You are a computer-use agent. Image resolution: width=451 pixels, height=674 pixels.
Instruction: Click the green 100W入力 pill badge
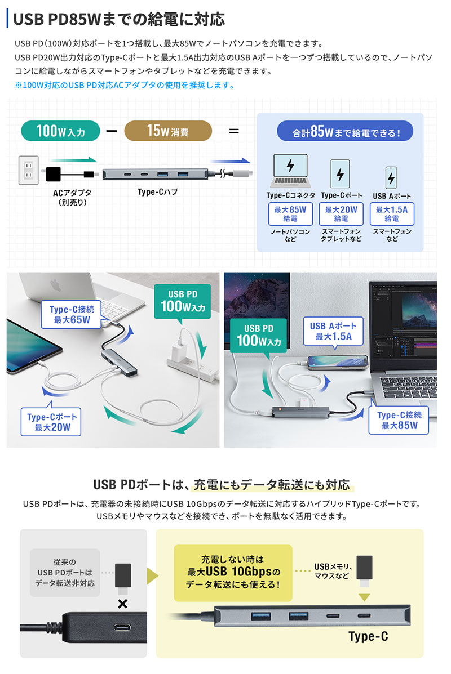[60, 131]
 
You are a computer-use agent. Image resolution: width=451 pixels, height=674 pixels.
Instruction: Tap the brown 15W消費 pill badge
[168, 131]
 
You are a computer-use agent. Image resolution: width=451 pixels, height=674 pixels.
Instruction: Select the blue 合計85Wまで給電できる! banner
[345, 132]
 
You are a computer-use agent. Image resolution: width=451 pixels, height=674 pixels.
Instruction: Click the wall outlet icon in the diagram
[29, 170]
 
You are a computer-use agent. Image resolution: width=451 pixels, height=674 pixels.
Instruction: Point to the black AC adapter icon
[53, 174]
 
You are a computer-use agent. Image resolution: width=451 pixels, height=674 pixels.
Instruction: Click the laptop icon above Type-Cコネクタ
[290, 171]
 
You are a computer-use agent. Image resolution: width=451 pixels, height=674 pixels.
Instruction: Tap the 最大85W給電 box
[290, 214]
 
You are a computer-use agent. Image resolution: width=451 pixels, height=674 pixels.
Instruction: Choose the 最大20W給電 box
[341, 214]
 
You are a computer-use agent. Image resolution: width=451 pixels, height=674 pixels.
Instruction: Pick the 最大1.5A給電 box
[392, 214]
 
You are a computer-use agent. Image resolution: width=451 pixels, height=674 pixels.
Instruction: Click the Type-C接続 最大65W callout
[72, 314]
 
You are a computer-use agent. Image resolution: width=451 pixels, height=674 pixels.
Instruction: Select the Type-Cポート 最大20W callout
[51, 422]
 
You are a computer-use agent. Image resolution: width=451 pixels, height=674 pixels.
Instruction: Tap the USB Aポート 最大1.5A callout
[333, 331]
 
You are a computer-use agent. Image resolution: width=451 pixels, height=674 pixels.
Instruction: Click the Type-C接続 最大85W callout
[399, 420]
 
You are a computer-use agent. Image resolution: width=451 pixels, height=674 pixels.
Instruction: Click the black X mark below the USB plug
[123, 604]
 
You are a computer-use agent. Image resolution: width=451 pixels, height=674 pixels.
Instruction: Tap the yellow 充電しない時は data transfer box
[233, 573]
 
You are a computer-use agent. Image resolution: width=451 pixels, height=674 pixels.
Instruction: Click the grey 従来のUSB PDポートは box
[65, 573]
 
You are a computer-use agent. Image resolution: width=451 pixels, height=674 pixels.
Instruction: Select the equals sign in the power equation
[234, 131]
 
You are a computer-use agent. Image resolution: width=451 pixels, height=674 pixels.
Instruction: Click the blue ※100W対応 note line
[125, 85]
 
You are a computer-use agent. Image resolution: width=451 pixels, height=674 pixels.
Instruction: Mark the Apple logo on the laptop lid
[55, 285]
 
